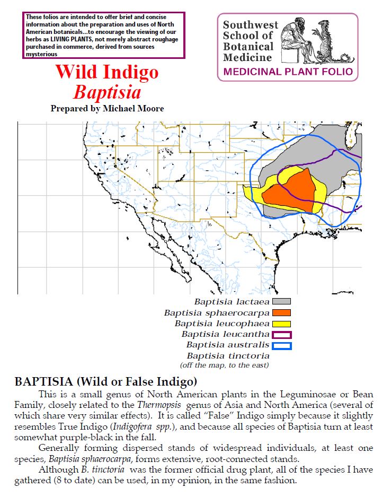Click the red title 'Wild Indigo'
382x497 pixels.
pyautogui.click(x=106, y=72)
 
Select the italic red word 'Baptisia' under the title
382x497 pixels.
pyautogui.click(x=107, y=92)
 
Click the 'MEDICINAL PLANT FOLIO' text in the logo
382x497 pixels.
pyautogui.click(x=288, y=72)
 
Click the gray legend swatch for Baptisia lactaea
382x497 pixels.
pyautogui.click(x=281, y=301)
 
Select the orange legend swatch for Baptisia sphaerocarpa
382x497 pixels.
pyautogui.click(x=281, y=312)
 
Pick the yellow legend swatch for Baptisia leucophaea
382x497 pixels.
pyautogui.click(x=281, y=324)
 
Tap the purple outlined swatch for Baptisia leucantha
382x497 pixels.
pyautogui.click(x=281, y=335)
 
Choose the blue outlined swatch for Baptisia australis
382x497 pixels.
pyautogui.click(x=281, y=346)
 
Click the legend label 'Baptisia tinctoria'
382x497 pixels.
pyautogui.click(x=228, y=356)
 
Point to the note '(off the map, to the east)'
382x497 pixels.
pyautogui.click(x=224, y=365)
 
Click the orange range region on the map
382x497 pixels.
pyautogui.click(x=293, y=191)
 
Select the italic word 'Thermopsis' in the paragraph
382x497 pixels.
pyautogui.click(x=158, y=405)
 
